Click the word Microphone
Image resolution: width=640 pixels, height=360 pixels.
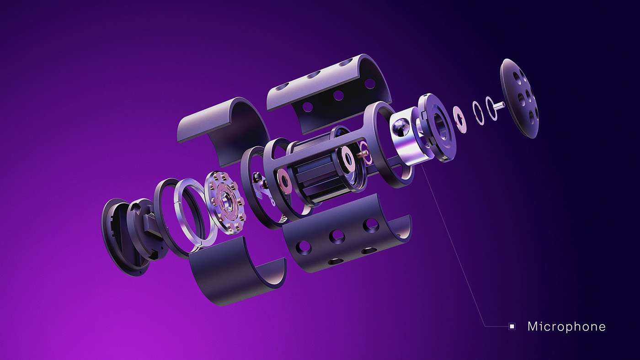566,327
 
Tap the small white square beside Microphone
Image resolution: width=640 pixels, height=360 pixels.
512,326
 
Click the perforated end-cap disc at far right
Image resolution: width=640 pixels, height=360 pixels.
519,99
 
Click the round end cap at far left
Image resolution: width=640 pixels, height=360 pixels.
120,237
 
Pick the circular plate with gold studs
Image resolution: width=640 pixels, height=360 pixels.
225,202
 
